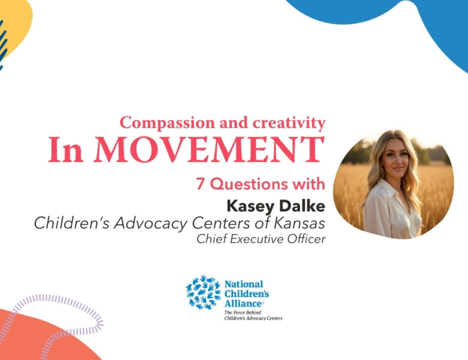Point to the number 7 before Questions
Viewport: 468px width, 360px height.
click(200, 184)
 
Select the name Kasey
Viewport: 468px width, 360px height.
click(247, 206)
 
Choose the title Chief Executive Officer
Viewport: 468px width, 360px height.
click(261, 239)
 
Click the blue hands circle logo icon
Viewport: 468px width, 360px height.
click(202, 292)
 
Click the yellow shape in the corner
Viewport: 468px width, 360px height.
click(15, 21)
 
